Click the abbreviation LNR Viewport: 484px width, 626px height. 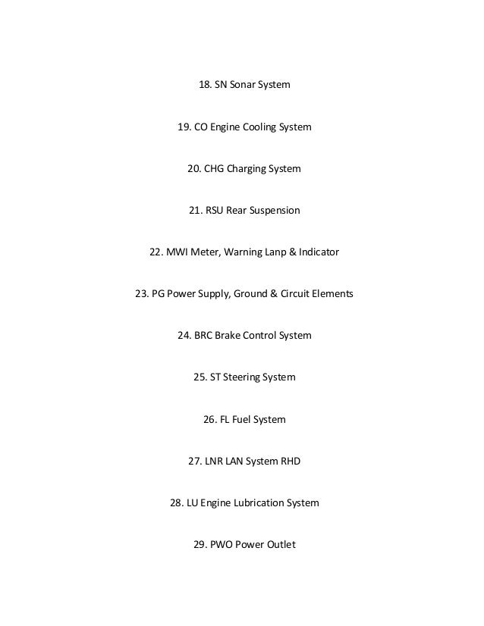pyautogui.click(x=215, y=460)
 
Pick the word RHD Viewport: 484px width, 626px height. pyautogui.click(x=289, y=460)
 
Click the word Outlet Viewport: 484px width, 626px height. pyautogui.click(x=278, y=543)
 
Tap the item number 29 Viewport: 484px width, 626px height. pyautogui.click(x=200, y=543)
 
